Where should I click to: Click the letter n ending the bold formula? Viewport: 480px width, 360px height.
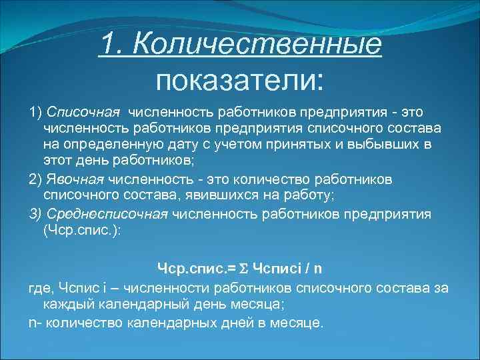click(x=318, y=269)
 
